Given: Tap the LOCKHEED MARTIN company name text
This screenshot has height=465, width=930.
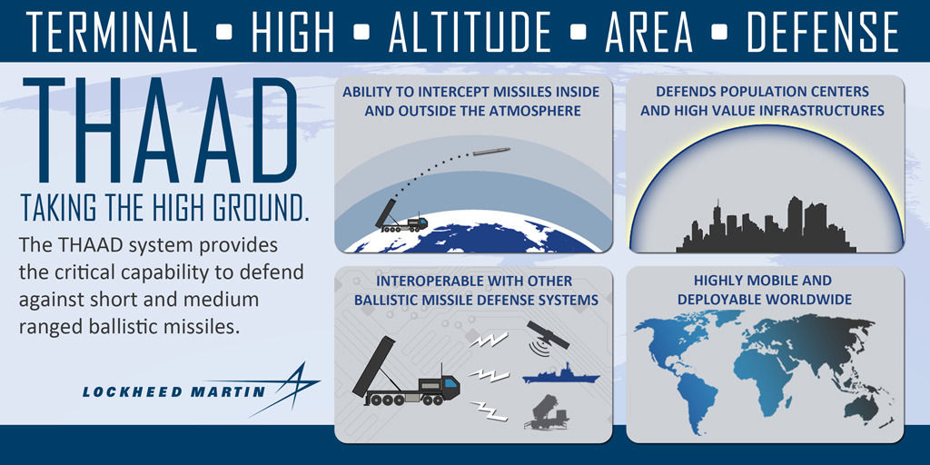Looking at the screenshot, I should click(173, 392).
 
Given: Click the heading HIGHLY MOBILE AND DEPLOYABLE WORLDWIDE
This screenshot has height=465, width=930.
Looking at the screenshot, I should click(762, 291).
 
